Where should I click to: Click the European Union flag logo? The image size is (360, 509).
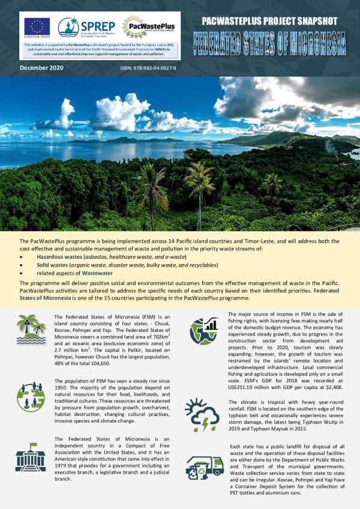(37, 28)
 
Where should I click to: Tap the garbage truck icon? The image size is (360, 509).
(204, 469)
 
